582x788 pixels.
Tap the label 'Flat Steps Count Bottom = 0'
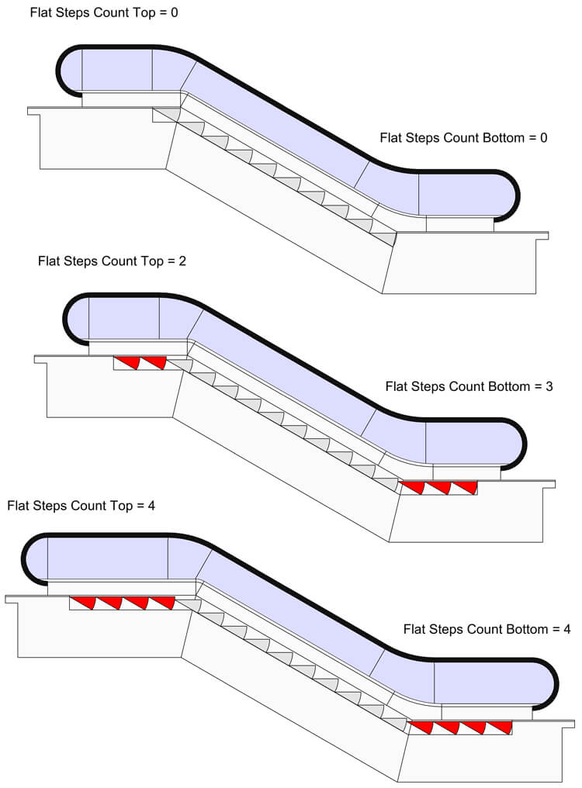(463, 138)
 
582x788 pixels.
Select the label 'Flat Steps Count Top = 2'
(112, 261)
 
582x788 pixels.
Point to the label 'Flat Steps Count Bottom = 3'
(469, 386)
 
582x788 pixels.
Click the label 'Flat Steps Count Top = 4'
(81, 506)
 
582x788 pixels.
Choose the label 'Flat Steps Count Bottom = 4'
(487, 630)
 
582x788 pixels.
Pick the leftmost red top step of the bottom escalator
(83, 602)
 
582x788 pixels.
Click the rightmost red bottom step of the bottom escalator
(501, 727)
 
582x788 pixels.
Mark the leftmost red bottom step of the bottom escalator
(422, 727)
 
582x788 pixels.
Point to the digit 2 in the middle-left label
(182, 261)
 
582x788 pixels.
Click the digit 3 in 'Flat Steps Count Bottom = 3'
(549, 386)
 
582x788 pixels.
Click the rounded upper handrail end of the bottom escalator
(26, 557)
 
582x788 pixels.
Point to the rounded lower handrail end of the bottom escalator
(555, 683)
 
